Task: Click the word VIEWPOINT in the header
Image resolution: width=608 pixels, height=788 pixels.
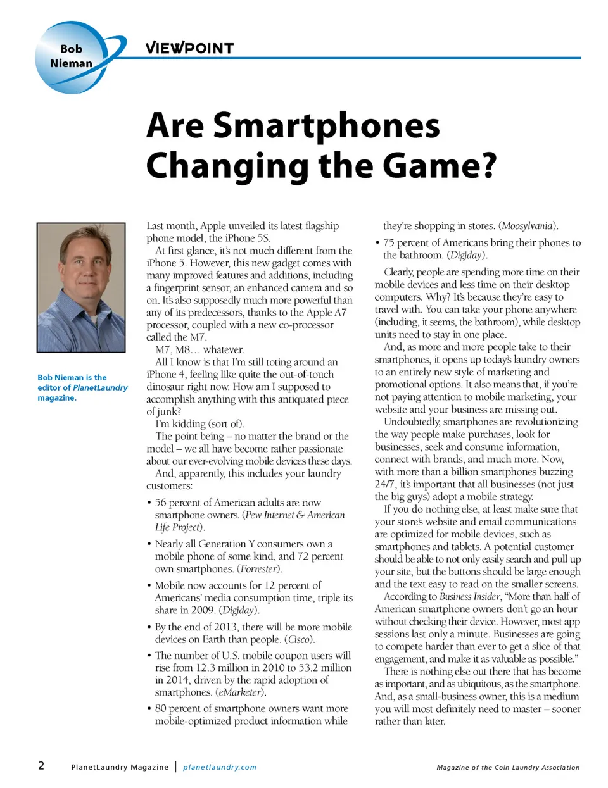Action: click(x=189, y=48)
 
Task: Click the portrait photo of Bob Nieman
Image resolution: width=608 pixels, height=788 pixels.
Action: click(x=81, y=287)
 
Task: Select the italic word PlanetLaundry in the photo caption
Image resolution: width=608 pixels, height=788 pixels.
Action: click(x=100, y=387)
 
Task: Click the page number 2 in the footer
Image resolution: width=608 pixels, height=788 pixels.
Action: click(x=41, y=766)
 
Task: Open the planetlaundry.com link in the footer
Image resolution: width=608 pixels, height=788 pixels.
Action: click(x=220, y=767)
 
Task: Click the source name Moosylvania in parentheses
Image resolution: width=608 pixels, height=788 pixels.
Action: click(x=528, y=226)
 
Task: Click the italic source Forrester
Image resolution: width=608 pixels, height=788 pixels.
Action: click(x=260, y=569)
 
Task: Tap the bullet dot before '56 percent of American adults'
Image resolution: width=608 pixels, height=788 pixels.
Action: click(x=149, y=503)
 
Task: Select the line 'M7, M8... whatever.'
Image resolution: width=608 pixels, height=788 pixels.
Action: click(x=199, y=350)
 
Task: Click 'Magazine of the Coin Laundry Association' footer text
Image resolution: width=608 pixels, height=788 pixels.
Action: click(x=508, y=768)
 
